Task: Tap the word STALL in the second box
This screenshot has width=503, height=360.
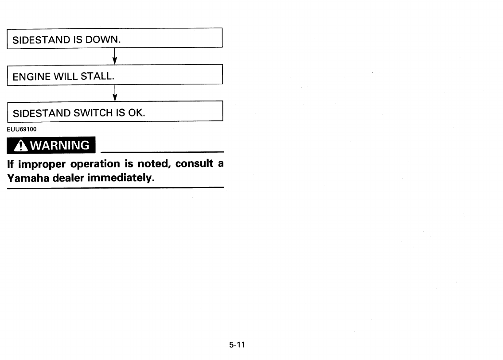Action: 97,77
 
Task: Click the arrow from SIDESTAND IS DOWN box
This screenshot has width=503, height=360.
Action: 115,56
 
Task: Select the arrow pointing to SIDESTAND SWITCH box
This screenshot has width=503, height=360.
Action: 115,93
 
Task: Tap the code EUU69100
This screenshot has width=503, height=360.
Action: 21,129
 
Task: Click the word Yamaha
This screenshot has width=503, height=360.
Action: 28,178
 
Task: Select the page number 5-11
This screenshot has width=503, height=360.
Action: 237,345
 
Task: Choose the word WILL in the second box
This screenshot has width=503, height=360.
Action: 66,77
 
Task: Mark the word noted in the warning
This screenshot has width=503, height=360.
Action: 155,164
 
